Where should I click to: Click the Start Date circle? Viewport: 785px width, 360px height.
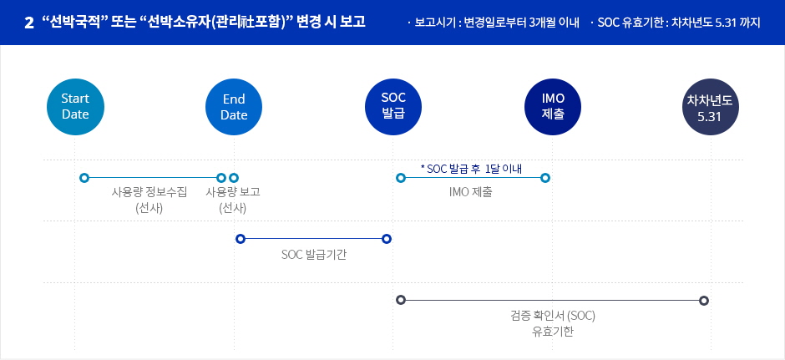75,107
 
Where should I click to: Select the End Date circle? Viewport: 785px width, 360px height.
234,107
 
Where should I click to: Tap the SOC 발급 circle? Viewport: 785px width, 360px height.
393,107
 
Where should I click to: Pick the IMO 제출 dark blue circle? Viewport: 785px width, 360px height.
553,107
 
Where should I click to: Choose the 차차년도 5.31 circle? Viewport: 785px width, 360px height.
711,107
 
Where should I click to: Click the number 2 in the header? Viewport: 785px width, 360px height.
28,23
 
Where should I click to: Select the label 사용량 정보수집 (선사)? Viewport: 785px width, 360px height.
149,200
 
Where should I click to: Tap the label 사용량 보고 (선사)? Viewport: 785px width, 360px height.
233,200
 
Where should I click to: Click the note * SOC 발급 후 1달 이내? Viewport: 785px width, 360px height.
471,168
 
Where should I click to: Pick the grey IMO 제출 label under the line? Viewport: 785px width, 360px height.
471,192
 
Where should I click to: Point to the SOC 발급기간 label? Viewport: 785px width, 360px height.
314,255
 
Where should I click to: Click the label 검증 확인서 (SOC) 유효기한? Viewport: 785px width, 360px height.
553,323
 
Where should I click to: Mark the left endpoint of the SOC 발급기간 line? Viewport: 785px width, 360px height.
241,239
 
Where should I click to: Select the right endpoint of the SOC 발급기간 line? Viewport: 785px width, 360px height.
386,239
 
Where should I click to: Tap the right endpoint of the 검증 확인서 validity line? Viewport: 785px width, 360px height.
704,301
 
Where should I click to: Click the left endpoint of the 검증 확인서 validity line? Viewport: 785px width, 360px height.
401,300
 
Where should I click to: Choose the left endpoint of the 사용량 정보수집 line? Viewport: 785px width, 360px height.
84,178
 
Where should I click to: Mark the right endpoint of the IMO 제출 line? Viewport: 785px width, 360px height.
545,178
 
